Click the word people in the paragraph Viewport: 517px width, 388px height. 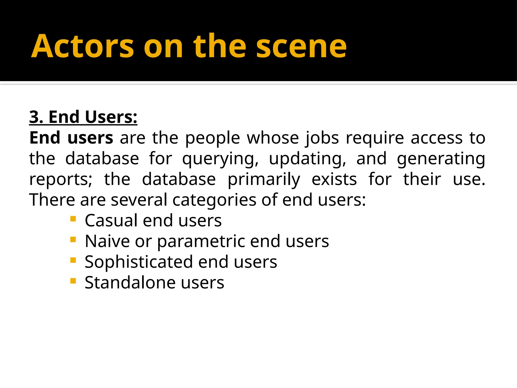213,138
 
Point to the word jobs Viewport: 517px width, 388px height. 322,138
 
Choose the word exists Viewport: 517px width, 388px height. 334,179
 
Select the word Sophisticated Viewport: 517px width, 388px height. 139,262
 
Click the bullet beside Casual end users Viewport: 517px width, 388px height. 73,219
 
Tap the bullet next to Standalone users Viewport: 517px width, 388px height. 73,281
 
